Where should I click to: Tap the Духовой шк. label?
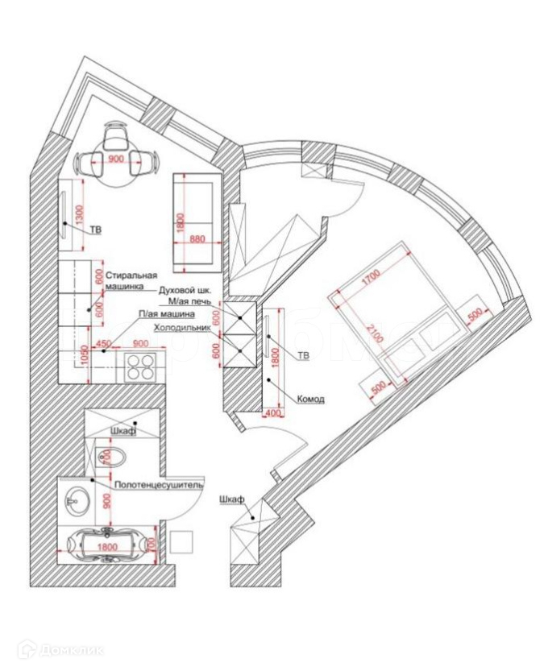tap(185, 288)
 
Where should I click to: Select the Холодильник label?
tap(181, 328)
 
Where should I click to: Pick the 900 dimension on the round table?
tap(115, 159)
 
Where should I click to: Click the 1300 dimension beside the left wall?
tap(79, 214)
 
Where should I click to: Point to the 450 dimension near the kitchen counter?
tap(103, 344)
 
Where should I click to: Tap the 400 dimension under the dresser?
tap(271, 414)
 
